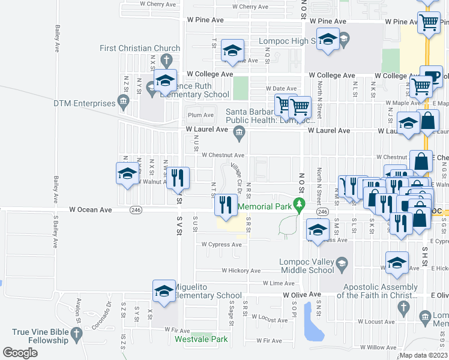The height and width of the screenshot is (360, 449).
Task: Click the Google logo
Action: [20, 353]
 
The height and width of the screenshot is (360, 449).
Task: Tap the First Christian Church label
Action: [140, 48]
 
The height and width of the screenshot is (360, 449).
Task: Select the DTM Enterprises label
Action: [83, 103]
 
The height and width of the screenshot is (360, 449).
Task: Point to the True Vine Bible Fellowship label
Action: [40, 336]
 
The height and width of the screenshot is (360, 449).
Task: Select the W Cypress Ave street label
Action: [221, 244]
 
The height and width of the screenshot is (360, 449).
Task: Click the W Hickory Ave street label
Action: [241, 271]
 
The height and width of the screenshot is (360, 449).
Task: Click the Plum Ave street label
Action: [200, 115]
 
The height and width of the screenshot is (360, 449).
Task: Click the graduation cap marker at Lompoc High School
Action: [328, 40]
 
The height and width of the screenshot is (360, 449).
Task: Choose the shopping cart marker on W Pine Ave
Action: [429, 22]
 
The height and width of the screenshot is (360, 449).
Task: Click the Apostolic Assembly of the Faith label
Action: [377, 291]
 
